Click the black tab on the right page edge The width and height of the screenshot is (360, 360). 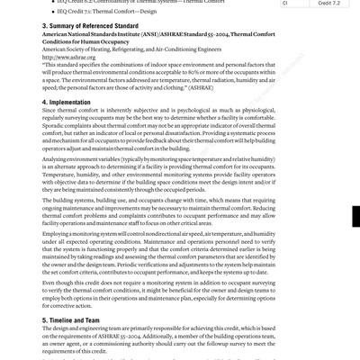click(355, 217)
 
